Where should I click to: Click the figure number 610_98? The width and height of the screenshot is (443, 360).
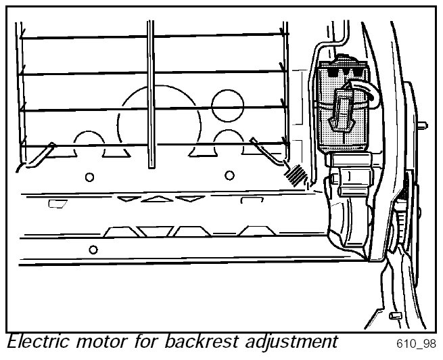[x=412, y=344]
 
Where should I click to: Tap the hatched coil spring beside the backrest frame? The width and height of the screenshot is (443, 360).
[x=296, y=176]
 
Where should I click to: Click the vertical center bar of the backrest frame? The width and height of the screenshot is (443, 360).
[x=151, y=95]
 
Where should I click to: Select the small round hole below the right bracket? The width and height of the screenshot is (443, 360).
[x=229, y=175]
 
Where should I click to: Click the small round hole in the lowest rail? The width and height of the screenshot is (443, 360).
[x=93, y=249]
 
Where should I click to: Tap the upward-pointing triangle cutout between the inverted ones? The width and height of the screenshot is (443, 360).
[x=156, y=198]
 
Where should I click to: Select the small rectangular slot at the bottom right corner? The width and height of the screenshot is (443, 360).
[x=396, y=316]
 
